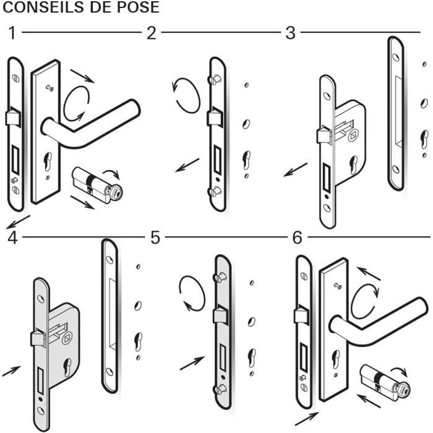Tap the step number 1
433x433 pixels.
pyautogui.click(x=11, y=33)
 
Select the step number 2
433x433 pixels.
pyautogui.click(x=151, y=33)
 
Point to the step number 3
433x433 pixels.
pyautogui.click(x=290, y=33)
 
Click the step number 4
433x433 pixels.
pyautogui.click(x=11, y=238)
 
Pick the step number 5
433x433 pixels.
pyautogui.click(x=155, y=238)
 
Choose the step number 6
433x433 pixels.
pyautogui.click(x=298, y=238)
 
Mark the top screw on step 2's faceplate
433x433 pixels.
pyautogui.click(x=214, y=80)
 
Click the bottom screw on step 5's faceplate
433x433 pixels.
pyautogui.click(x=220, y=389)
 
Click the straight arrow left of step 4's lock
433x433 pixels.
pyautogui.click(x=11, y=371)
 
